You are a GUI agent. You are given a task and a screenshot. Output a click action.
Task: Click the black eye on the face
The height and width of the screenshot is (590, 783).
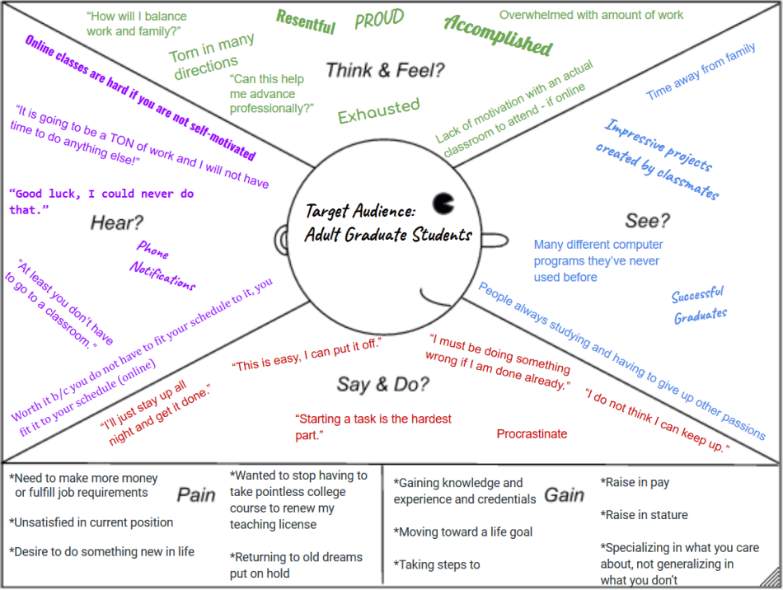443,202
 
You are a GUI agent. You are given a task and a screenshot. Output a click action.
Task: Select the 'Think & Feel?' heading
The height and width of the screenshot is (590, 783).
385,70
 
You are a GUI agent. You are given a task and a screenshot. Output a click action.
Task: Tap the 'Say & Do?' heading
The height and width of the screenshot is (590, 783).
382,384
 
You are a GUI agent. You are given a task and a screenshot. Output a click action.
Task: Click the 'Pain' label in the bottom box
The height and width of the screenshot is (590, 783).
196,494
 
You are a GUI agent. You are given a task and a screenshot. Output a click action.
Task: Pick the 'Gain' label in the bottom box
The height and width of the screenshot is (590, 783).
565,495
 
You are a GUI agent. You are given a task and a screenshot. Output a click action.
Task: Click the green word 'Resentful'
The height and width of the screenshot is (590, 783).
306,21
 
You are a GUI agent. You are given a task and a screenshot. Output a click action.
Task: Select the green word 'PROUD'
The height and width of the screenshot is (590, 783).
379,20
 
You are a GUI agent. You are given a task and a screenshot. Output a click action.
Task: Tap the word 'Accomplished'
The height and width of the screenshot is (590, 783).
498,35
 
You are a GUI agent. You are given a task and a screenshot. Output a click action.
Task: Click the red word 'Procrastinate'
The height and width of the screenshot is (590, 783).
532,434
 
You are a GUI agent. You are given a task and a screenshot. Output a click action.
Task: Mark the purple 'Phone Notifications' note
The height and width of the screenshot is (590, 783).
162,265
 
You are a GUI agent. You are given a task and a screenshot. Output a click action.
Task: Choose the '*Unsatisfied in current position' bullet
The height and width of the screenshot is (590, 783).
91,522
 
